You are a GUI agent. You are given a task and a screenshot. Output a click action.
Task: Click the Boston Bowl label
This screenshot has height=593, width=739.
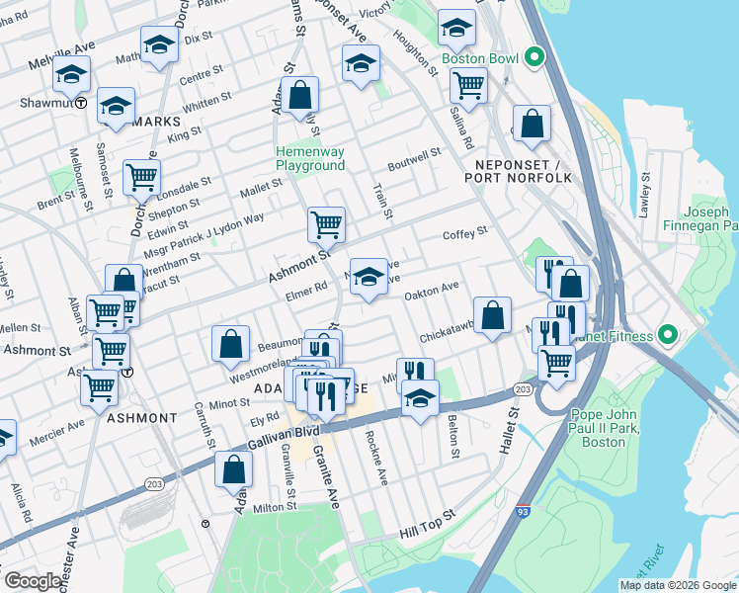click(479, 58)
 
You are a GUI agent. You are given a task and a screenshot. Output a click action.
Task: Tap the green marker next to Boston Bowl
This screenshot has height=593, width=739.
click(534, 57)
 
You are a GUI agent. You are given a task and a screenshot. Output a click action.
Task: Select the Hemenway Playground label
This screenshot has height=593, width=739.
click(309, 158)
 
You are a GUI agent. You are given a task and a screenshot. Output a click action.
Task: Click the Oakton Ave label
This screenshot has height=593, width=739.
click(432, 288)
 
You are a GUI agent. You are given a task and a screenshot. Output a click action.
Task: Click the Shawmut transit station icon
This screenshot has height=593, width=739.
click(80, 102)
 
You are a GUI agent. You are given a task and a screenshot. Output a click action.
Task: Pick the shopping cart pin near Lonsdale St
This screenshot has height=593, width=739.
click(141, 178)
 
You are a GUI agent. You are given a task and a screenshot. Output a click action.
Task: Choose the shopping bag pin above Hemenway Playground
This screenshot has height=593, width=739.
click(302, 95)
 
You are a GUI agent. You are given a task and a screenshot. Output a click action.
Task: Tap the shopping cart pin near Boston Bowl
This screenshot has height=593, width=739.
click(468, 85)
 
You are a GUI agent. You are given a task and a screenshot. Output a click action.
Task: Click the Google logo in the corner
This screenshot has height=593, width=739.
click(34, 580)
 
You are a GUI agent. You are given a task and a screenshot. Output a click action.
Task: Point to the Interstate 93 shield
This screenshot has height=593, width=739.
click(521, 512)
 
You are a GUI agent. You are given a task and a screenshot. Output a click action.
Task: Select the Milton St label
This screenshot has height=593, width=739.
click(275, 507)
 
